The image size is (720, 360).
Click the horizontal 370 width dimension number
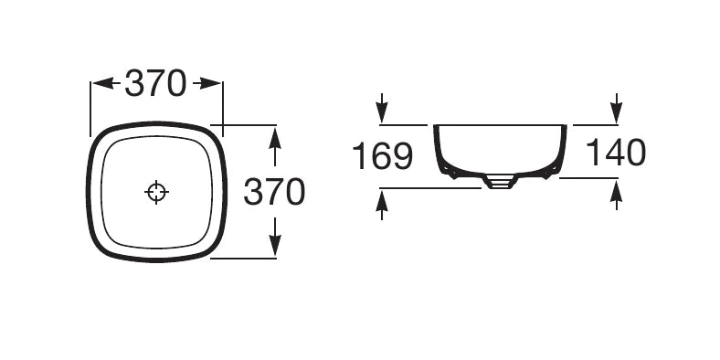[155, 83]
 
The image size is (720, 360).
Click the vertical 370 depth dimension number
[274, 192]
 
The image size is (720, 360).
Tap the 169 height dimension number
[383, 156]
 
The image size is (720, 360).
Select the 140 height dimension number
[616, 153]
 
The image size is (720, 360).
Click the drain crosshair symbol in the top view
[156, 192]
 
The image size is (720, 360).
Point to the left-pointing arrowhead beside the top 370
[103, 83]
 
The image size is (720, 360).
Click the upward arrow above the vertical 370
[275, 147]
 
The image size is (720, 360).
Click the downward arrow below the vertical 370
[275, 236]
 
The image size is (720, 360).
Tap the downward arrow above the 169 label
[382, 108]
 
